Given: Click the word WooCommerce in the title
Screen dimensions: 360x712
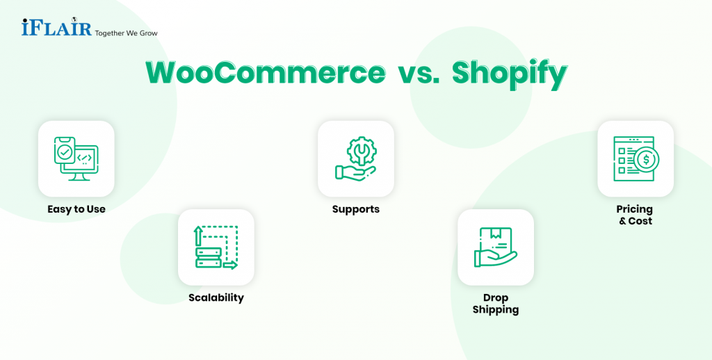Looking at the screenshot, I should click(x=265, y=74).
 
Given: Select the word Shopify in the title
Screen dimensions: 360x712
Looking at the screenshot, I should click(x=509, y=74).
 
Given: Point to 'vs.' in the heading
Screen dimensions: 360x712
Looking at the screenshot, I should click(x=415, y=74).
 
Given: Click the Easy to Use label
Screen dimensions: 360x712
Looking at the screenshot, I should click(x=76, y=209).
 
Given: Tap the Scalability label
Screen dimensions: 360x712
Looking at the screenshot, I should click(x=216, y=298).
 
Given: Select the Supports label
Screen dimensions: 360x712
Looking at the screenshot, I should click(x=356, y=209).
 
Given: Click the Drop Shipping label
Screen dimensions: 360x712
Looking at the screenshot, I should click(x=496, y=304).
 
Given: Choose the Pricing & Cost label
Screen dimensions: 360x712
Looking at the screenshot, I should click(x=635, y=215).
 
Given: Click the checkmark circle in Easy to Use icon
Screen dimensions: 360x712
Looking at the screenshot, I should click(x=65, y=151).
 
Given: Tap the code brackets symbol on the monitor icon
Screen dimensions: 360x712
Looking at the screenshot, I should click(x=85, y=159).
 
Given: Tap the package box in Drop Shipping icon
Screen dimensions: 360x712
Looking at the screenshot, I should click(x=498, y=240).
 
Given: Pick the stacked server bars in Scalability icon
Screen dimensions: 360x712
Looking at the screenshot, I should click(x=209, y=257).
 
